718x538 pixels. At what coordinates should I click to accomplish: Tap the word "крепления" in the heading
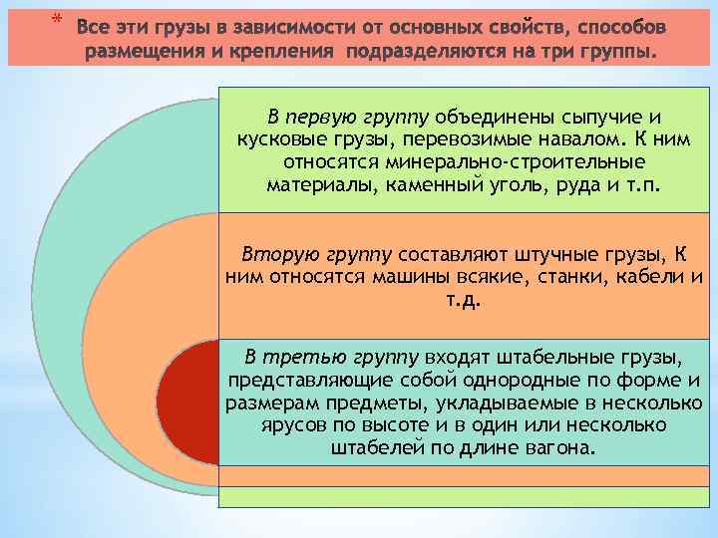tap(281, 50)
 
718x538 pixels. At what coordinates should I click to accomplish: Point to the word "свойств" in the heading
tap(518, 24)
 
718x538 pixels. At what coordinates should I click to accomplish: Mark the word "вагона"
tap(558, 448)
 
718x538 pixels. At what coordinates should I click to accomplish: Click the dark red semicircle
tap(186, 399)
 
